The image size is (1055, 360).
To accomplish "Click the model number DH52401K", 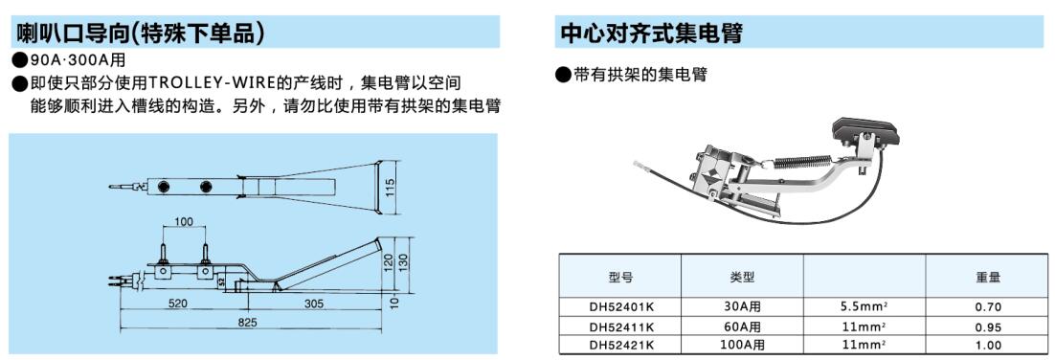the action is [x=620, y=307].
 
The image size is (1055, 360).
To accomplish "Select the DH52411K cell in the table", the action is [x=620, y=327].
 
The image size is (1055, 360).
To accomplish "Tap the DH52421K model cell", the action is [x=620, y=346].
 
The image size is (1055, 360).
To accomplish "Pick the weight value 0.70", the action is [x=988, y=307].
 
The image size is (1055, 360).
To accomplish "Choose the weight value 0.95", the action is [x=988, y=327].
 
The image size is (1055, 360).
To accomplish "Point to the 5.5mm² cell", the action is [x=864, y=307].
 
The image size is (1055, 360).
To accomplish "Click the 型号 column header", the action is [x=620, y=276].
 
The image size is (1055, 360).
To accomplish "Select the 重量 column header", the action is [x=988, y=276].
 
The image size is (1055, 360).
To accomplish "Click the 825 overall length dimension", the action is [x=248, y=323].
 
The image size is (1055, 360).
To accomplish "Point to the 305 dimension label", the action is [x=314, y=304].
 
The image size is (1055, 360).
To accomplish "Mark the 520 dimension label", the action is [x=177, y=304].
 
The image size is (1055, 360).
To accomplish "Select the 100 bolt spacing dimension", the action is [x=184, y=221].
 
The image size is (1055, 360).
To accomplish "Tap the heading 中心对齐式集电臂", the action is [x=651, y=33].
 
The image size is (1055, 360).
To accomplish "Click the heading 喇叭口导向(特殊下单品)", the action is [x=139, y=33].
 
